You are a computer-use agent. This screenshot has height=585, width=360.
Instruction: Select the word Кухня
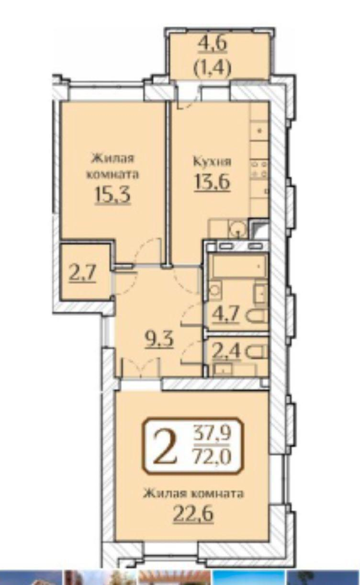[212, 161]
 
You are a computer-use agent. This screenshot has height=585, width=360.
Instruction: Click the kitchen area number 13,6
[212, 182]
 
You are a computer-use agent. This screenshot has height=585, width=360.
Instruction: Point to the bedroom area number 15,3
[112, 195]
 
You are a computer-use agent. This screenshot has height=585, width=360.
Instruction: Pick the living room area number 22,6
[193, 514]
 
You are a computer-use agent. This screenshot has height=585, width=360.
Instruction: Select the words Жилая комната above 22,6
[193, 494]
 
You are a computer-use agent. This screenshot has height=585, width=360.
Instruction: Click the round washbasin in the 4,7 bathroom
[216, 290]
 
